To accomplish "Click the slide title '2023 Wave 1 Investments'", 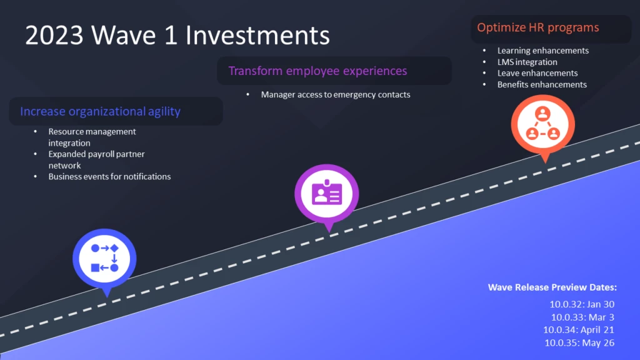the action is coord(177,35).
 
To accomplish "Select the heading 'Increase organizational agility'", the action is coord(101,111).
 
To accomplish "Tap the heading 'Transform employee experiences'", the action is coord(317,71).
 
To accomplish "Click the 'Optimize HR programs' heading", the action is coord(538,27).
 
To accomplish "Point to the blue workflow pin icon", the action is coord(104,259).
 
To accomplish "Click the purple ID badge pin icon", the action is coord(326,194).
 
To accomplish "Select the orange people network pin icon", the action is coord(543,125).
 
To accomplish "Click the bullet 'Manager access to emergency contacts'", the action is coord(336,95).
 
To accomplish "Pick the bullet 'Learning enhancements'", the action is coord(543,51).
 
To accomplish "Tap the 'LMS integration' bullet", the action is coord(527,62).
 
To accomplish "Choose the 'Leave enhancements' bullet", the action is coord(537,73).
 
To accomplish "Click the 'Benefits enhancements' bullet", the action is coord(542,84).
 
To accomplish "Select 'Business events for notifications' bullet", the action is coord(109,177).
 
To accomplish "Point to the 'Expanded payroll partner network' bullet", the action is coord(96,159).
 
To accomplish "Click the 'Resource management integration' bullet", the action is coord(92,137).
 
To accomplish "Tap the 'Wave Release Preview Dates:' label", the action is coord(552,287).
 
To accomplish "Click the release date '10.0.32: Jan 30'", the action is coord(582,304).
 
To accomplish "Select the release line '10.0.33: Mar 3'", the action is coord(582,317).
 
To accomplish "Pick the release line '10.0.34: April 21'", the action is coord(578,330).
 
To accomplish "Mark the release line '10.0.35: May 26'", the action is coord(579,343).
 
